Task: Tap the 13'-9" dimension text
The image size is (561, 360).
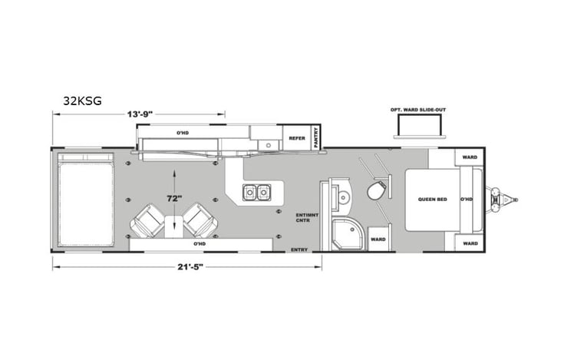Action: tap(140, 114)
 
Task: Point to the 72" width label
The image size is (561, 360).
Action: tap(174, 198)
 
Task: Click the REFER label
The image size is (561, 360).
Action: tap(296, 138)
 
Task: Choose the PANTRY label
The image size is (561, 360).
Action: tap(315, 137)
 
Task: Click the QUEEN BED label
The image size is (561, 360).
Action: tap(433, 199)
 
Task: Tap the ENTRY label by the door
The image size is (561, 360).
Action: tap(299, 249)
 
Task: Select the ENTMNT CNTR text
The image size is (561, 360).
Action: tap(303, 217)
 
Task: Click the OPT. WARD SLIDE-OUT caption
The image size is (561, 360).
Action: tap(418, 110)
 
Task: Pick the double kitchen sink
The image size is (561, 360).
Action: tap(256, 190)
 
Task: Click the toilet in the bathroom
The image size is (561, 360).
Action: tap(377, 190)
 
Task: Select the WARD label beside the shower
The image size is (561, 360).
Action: tap(378, 239)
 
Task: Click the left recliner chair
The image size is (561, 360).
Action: tap(147, 222)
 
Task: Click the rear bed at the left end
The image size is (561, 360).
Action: tap(85, 199)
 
